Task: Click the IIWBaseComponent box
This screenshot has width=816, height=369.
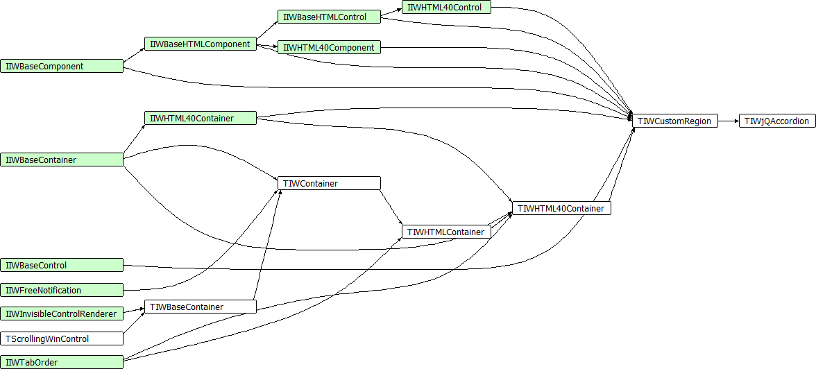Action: [62, 67]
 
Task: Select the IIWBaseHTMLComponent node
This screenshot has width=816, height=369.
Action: [200, 44]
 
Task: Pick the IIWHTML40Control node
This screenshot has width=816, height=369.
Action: [446, 8]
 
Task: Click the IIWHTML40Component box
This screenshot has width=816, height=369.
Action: [329, 48]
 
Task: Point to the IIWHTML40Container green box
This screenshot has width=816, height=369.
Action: [200, 119]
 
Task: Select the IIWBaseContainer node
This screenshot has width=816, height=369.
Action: [62, 160]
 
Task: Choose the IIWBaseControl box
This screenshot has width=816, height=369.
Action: [62, 266]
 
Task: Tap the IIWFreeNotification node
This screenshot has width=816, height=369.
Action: [62, 291]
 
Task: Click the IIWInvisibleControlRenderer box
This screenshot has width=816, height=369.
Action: [62, 314]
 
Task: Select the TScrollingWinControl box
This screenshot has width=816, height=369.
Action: [62, 339]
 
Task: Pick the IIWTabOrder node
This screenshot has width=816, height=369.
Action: [62, 362]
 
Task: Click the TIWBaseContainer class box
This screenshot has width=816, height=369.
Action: [200, 307]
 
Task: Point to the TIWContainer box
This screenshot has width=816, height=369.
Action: [329, 184]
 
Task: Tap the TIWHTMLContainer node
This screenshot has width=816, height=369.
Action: [446, 232]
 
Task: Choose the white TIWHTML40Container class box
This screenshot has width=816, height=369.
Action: [561, 208]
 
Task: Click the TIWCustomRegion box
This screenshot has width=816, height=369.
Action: [674, 121]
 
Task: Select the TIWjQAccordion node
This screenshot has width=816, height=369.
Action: [776, 121]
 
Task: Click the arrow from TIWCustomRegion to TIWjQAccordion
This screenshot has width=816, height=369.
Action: [728, 121]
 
